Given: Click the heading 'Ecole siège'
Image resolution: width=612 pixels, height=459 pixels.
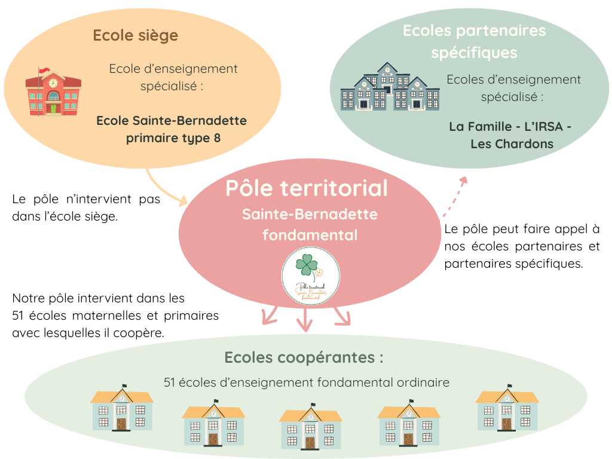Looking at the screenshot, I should point(135,35).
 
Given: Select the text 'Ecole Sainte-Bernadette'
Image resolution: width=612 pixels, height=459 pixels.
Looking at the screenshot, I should point(172,121).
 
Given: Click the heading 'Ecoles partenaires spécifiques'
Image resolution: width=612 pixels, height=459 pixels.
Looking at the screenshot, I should point(474,41).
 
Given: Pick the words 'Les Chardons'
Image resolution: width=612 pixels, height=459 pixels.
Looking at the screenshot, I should point(512,144).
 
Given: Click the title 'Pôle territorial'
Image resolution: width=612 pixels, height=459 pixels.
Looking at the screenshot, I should point(307,188).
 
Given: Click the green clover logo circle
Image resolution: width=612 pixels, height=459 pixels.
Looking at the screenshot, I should point(311,276).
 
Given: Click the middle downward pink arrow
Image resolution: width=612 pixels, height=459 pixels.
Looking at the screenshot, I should point(305,320).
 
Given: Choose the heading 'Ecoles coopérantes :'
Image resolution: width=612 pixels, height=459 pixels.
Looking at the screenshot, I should point(304,358).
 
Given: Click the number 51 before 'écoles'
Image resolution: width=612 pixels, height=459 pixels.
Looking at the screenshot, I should point(170,382).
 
